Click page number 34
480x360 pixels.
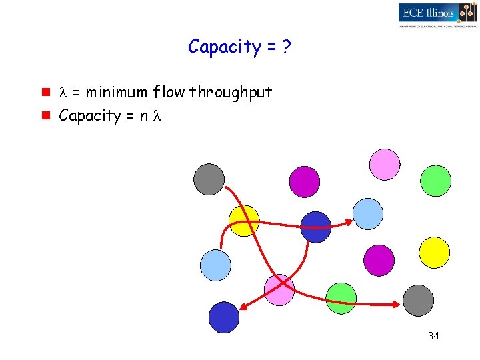[433, 335]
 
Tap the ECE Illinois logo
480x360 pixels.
[437, 15]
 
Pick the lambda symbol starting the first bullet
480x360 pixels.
[65, 92]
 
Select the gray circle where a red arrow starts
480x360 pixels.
[209, 179]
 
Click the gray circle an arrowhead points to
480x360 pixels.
[419, 300]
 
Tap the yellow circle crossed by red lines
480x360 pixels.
[243, 220]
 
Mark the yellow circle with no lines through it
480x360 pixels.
[434, 253]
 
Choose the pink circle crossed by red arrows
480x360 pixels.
[279, 290]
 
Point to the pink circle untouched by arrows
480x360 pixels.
[385, 165]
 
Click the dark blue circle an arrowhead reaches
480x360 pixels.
[224, 317]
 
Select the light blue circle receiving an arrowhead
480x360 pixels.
[367, 214]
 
